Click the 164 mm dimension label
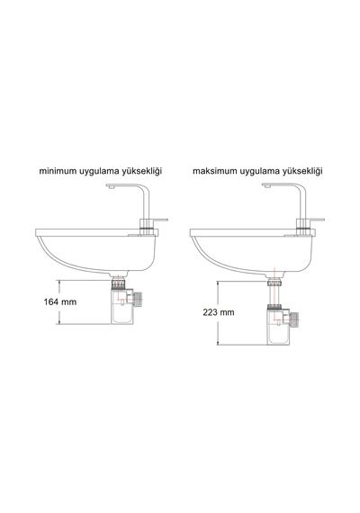click(60, 301)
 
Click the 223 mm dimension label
click(219, 312)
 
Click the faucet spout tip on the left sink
click(111, 187)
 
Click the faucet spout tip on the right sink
click(266, 187)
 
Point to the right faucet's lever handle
click(316, 220)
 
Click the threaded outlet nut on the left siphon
click(139, 297)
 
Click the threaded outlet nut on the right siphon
click(295, 318)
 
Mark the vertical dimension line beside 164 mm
click(59, 302)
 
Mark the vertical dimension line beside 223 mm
click(218, 313)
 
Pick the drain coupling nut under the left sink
click(119, 283)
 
